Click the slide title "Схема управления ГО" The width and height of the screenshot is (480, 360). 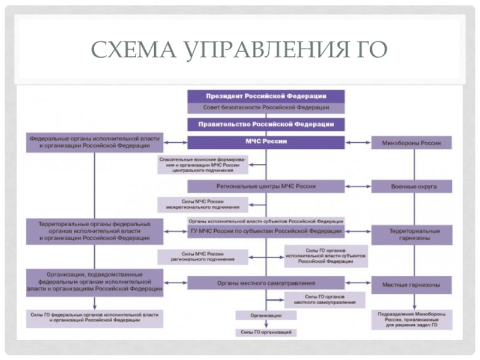tap(239, 49)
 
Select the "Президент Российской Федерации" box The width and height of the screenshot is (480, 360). tap(266, 96)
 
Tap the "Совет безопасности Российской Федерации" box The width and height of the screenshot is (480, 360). tap(266, 107)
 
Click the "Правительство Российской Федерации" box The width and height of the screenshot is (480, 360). tap(266, 124)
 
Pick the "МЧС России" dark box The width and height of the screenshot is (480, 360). tap(266, 142)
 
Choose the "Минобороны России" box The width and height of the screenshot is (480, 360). tap(413, 143)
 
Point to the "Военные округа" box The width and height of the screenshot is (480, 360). tap(413, 187)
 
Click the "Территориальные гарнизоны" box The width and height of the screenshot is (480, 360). tap(413, 235)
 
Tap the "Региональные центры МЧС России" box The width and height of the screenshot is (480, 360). tap(266, 186)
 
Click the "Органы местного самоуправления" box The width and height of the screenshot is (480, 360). tap(266, 283)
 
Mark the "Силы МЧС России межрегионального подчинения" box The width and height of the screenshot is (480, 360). tap(202, 205)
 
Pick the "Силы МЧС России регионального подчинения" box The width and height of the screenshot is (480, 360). tap(202, 257)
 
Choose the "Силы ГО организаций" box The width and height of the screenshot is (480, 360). tap(266, 331)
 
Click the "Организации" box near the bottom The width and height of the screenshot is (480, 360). tap(266, 315)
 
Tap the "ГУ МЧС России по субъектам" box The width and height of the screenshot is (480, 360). tap(266, 231)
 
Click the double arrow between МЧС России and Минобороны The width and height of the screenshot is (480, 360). tap(358, 143)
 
